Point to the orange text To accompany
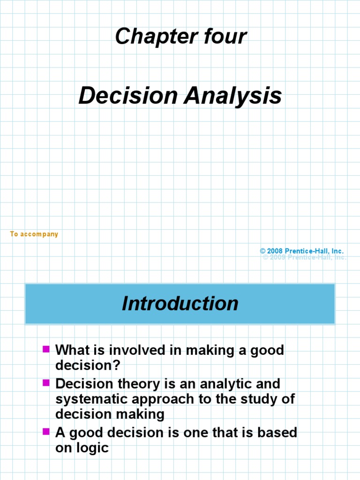[34, 234]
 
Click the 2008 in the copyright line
[275, 251]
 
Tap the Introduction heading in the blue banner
[180, 303]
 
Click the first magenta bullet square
[46, 349]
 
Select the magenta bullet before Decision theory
[46, 382]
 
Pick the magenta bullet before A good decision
[46, 431]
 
